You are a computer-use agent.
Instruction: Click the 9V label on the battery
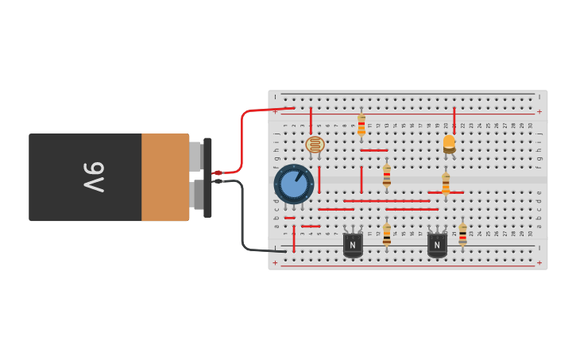(x=94, y=177)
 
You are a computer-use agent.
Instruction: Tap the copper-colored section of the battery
(x=164, y=177)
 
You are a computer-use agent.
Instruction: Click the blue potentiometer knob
(x=294, y=184)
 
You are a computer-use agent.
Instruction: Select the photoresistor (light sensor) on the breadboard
(x=315, y=145)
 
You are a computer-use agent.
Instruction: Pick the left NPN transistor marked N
(x=353, y=244)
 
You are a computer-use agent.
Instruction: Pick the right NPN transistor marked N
(x=437, y=244)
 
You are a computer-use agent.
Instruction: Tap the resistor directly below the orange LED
(x=446, y=183)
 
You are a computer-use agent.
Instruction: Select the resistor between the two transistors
(x=387, y=234)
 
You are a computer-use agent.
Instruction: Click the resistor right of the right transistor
(x=462, y=234)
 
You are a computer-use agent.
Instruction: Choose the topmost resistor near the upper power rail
(x=361, y=125)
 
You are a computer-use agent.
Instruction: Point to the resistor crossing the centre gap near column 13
(x=387, y=174)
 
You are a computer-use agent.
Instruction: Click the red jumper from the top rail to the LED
(x=454, y=119)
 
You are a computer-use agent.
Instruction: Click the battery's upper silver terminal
(x=195, y=157)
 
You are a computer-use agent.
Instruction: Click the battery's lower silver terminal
(x=195, y=194)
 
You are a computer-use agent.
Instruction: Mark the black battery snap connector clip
(x=208, y=177)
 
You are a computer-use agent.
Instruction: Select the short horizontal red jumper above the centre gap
(x=373, y=150)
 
